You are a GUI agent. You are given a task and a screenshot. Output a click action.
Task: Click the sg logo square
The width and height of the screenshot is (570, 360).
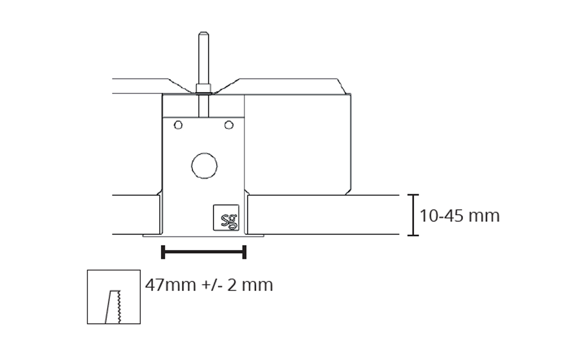point(226,217)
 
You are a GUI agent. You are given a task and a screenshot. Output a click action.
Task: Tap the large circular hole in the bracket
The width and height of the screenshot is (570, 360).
point(204,165)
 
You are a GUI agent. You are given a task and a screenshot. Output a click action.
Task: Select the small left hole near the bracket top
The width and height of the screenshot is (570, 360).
point(178,125)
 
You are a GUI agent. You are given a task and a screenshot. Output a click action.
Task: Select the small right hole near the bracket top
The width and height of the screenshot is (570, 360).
point(229,125)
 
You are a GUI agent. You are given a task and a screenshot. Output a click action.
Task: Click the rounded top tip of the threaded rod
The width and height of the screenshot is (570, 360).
point(204,33)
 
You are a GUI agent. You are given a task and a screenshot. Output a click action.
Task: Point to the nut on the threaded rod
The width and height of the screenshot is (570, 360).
point(204,88)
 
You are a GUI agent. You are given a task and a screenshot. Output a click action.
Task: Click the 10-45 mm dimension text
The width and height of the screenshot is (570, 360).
point(460,216)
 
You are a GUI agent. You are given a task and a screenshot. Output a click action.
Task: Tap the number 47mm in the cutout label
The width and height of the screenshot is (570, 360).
point(170,284)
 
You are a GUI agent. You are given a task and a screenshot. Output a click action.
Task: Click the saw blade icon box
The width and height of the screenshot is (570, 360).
point(114,296)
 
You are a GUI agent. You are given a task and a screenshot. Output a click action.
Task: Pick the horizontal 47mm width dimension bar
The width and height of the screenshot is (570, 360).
point(204,252)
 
